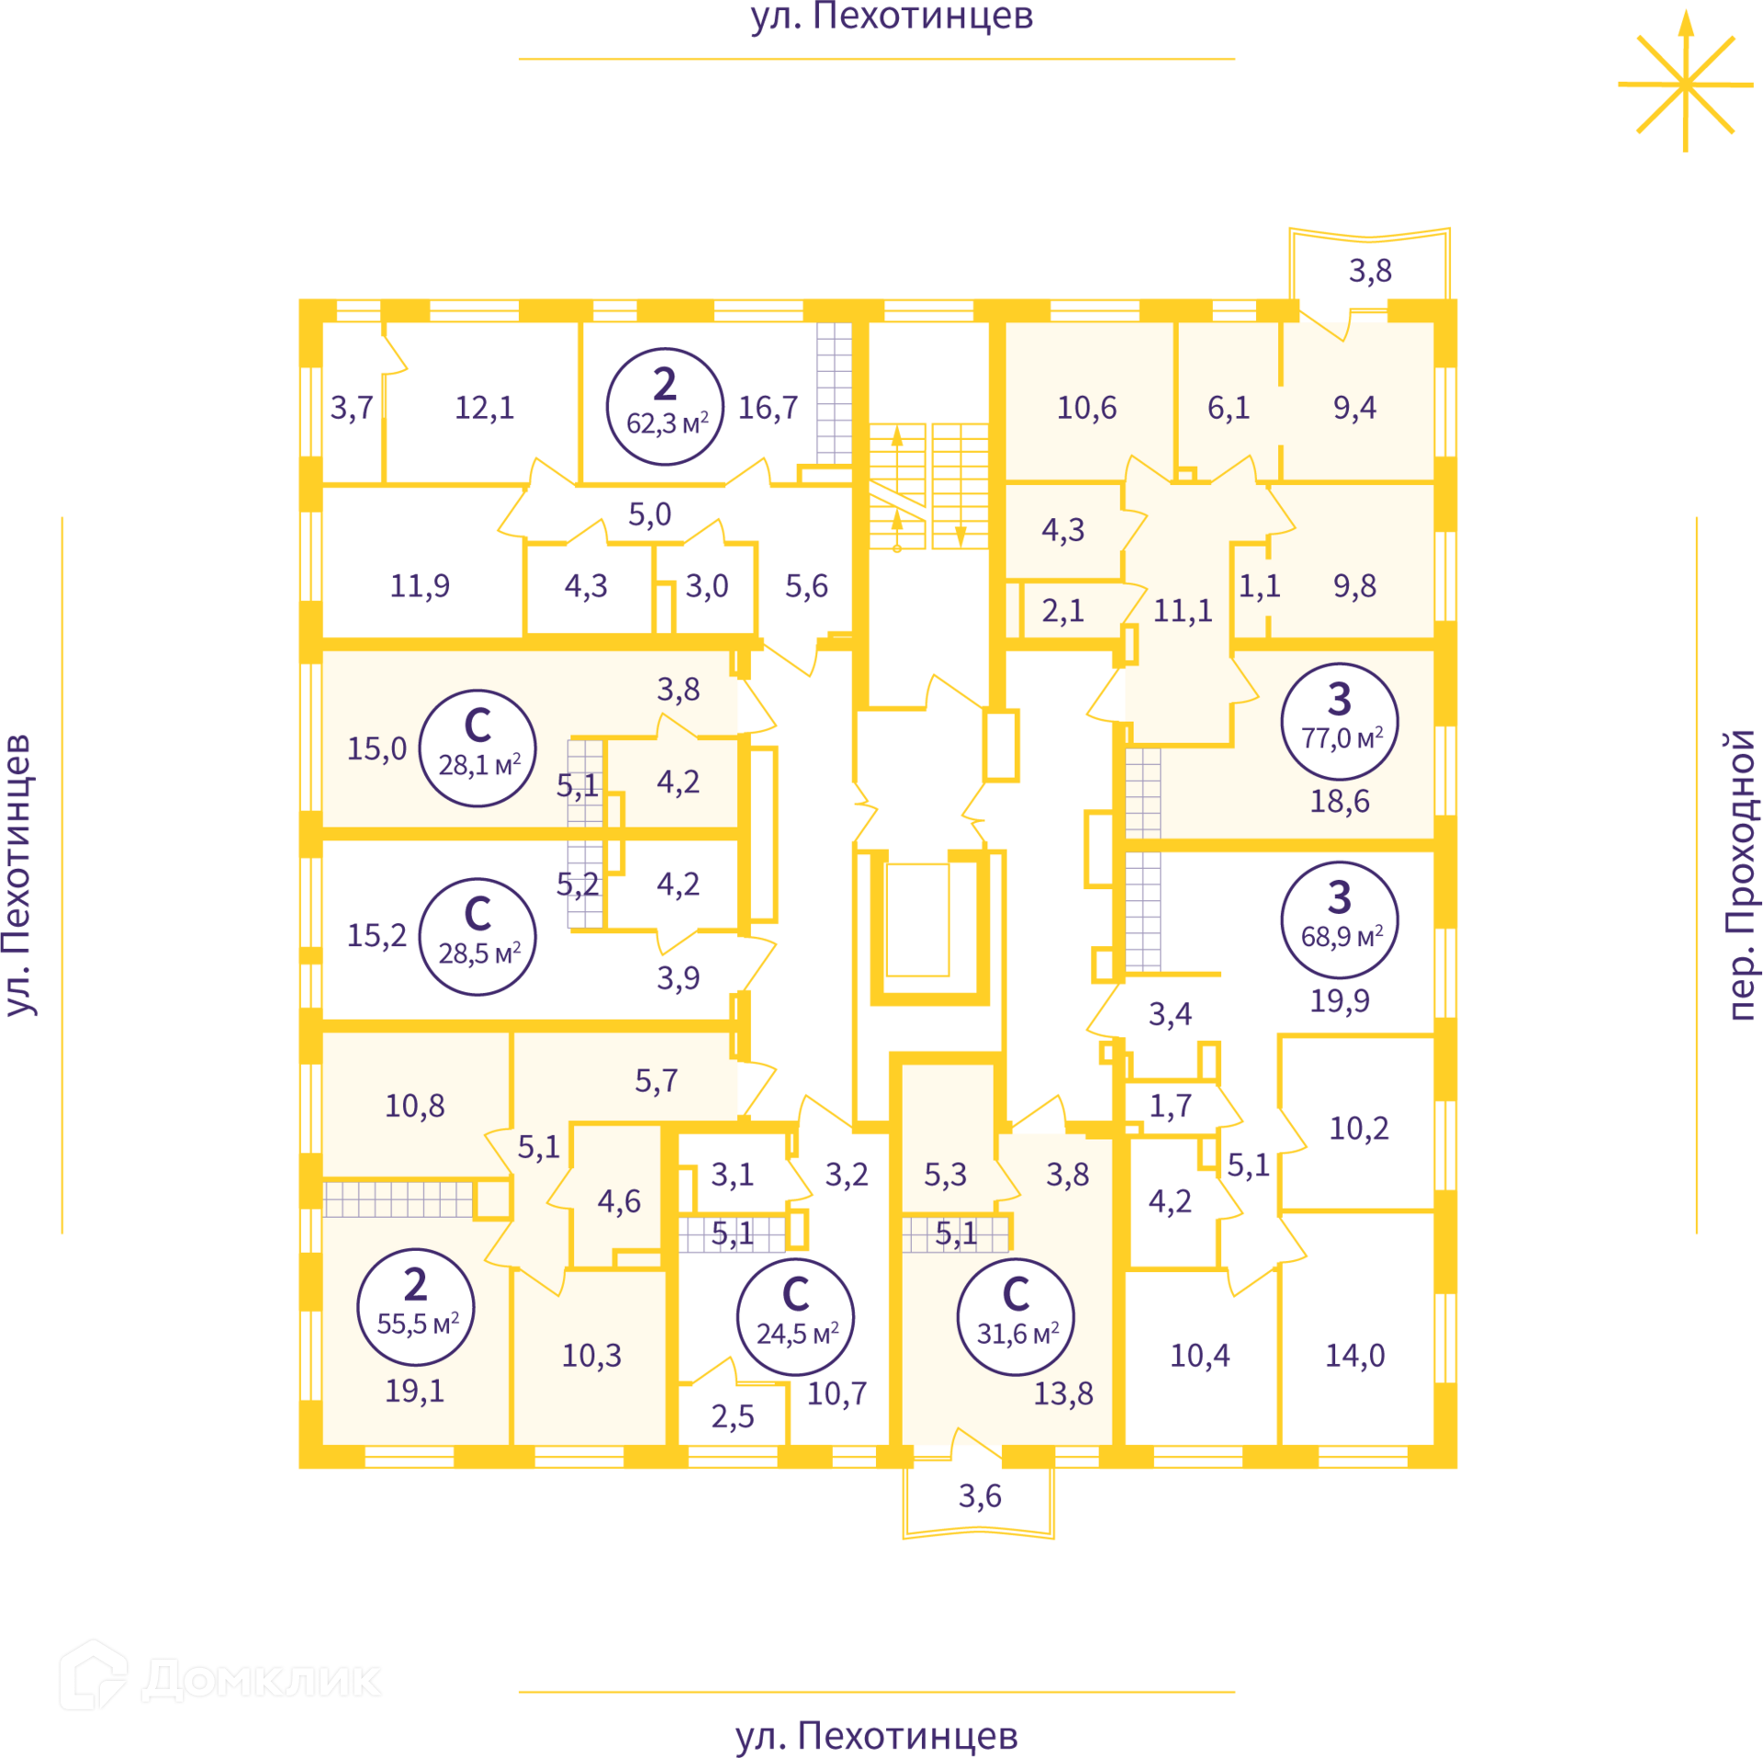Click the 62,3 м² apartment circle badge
(665, 406)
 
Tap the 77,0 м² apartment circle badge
(1340, 721)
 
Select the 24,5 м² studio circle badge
(795, 1317)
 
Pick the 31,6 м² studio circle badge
(1016, 1317)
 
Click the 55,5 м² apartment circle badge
(416, 1307)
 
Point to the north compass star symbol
(1685, 83)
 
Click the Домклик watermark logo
(220, 1676)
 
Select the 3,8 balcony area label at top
(1370, 271)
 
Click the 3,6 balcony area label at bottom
(980, 1496)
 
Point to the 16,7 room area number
(768, 407)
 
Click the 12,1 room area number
(485, 407)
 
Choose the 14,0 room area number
(1354, 1355)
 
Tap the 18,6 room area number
(1340, 801)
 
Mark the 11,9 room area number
(420, 585)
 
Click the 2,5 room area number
(732, 1416)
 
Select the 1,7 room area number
(1170, 1106)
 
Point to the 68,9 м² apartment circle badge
(1340, 919)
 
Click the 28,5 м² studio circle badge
(477, 937)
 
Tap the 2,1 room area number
(1062, 610)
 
